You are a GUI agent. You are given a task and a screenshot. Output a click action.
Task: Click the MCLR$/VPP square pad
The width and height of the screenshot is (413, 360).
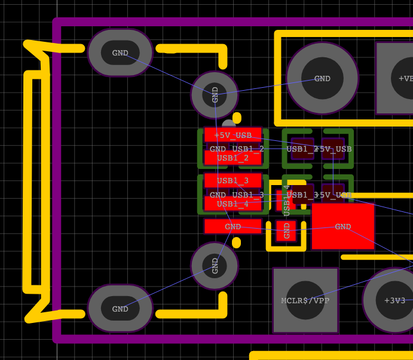[x=305, y=300]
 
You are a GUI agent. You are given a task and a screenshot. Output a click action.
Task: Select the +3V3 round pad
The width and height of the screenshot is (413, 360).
[x=394, y=300]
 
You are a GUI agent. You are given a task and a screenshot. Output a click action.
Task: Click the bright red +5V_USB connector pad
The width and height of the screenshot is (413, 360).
[x=233, y=135]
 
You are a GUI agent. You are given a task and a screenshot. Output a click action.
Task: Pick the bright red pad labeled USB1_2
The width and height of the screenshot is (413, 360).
[x=233, y=158]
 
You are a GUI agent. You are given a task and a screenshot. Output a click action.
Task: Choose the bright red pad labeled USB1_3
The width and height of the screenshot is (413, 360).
[x=233, y=180]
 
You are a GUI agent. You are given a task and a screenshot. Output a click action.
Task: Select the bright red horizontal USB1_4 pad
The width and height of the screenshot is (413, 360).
[x=233, y=204]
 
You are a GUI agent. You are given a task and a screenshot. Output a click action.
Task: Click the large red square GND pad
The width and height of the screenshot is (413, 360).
[x=343, y=227]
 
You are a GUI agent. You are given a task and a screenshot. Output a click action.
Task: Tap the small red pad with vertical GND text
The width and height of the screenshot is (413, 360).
[x=286, y=230]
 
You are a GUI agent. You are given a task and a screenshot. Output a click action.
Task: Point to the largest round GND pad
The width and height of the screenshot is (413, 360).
[x=322, y=78]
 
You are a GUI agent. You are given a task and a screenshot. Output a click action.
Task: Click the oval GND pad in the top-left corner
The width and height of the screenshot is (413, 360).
[x=120, y=53]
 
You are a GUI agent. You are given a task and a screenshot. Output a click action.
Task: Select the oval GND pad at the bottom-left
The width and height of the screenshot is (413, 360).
[x=120, y=309]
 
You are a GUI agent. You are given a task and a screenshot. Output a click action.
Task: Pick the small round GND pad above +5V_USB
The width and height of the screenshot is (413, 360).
[x=215, y=95]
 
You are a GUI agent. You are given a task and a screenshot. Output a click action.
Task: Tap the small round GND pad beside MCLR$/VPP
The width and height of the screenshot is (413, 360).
[x=215, y=265]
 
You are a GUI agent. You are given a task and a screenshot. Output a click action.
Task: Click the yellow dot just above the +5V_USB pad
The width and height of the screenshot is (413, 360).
[x=237, y=118]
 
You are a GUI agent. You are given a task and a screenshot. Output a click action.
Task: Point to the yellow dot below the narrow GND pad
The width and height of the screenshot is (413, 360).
[x=237, y=242]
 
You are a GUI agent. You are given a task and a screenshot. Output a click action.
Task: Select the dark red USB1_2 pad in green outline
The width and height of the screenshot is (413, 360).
[x=302, y=149]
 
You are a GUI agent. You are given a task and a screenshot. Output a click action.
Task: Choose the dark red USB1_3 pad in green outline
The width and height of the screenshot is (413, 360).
[x=302, y=195]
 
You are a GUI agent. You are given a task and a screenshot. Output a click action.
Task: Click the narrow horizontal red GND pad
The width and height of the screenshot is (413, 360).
[x=233, y=226]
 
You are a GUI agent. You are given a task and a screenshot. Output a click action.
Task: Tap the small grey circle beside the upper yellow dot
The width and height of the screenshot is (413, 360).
[x=227, y=124]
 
